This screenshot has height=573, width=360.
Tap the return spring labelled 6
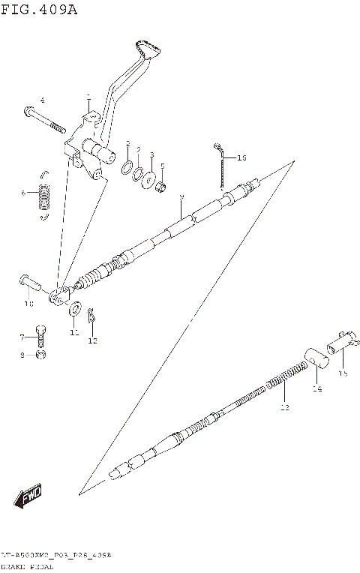pyautogui.click(x=46, y=195)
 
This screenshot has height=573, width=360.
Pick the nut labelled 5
pyautogui.click(x=160, y=184)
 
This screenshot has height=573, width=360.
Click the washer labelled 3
pyautogui.click(x=149, y=178)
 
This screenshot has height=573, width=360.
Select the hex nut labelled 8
pyautogui.click(x=43, y=354)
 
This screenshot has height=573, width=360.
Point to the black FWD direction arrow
pyautogui.click(x=26, y=496)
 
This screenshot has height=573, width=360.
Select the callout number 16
pyautogui.click(x=241, y=158)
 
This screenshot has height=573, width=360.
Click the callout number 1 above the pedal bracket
pyautogui.click(x=88, y=97)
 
